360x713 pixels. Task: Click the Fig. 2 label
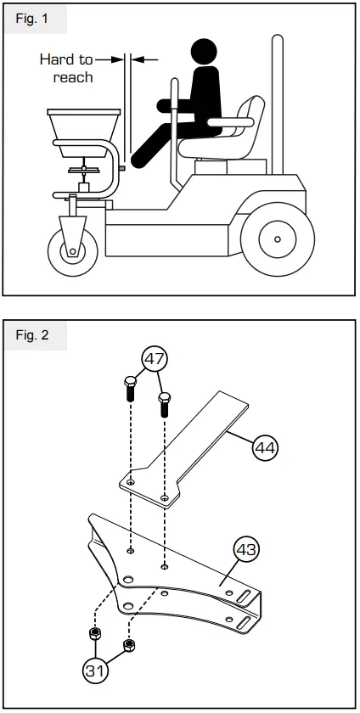[33, 334]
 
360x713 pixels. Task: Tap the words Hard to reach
[67, 68]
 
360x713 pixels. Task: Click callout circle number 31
[97, 671]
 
